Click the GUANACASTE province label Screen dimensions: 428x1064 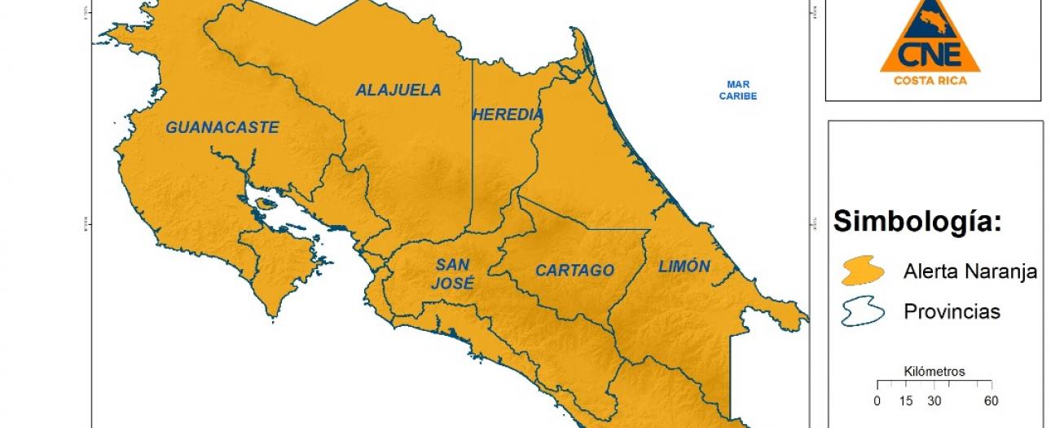[x=222, y=128]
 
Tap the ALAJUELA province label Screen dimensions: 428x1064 [x=398, y=90]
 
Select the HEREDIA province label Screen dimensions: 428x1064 [x=507, y=115]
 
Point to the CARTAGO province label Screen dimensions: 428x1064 [x=574, y=271]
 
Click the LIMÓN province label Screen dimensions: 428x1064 [x=684, y=267]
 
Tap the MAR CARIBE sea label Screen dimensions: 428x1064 [x=738, y=90]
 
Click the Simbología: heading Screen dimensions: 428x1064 [x=916, y=222]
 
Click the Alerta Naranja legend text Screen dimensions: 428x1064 [x=969, y=271]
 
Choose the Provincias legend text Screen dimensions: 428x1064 [x=952, y=312]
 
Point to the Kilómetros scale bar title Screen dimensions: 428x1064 [x=934, y=372]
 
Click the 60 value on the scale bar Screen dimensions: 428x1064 [x=991, y=401]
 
